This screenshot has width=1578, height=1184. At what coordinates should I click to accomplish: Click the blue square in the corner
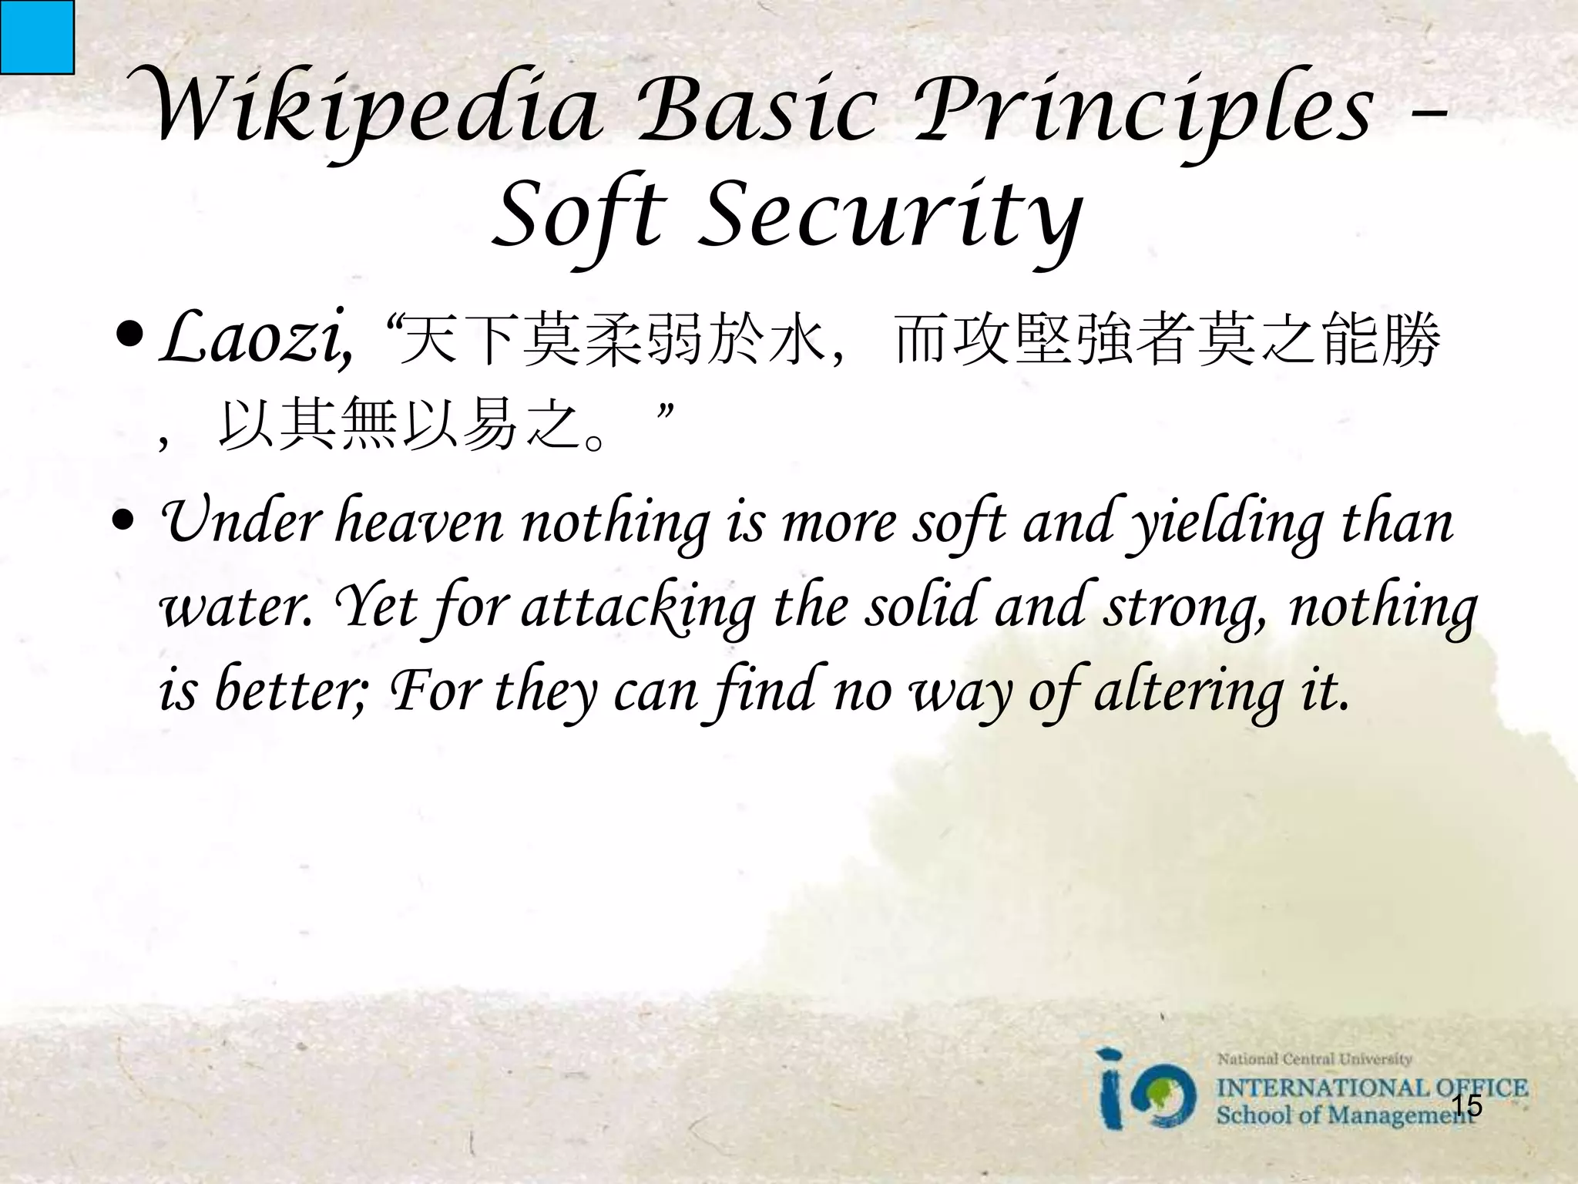tap(36, 36)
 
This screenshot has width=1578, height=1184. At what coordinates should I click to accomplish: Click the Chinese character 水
tap(797, 341)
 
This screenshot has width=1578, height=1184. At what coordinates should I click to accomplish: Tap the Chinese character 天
tap(430, 341)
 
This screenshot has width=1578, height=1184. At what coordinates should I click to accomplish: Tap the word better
tap(293, 691)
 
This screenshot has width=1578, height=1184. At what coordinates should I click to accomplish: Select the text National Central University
tap(1314, 1059)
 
